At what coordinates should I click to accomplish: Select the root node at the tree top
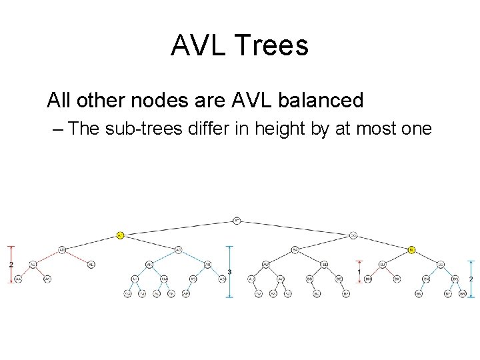coord(237,220)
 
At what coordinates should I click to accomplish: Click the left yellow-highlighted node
coord(120,235)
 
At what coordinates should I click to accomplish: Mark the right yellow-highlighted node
coord(412,250)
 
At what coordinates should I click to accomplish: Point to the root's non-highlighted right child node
coord(353,235)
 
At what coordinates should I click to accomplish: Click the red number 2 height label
coord(11,264)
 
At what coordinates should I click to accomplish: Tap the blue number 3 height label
coord(229,272)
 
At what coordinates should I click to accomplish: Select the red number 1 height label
coord(359,272)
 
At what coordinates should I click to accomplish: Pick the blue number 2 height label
coord(471,279)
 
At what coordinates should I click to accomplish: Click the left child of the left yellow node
coord(62,250)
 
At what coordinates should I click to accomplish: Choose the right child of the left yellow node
coord(179,250)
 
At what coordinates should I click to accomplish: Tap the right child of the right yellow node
coord(441,265)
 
